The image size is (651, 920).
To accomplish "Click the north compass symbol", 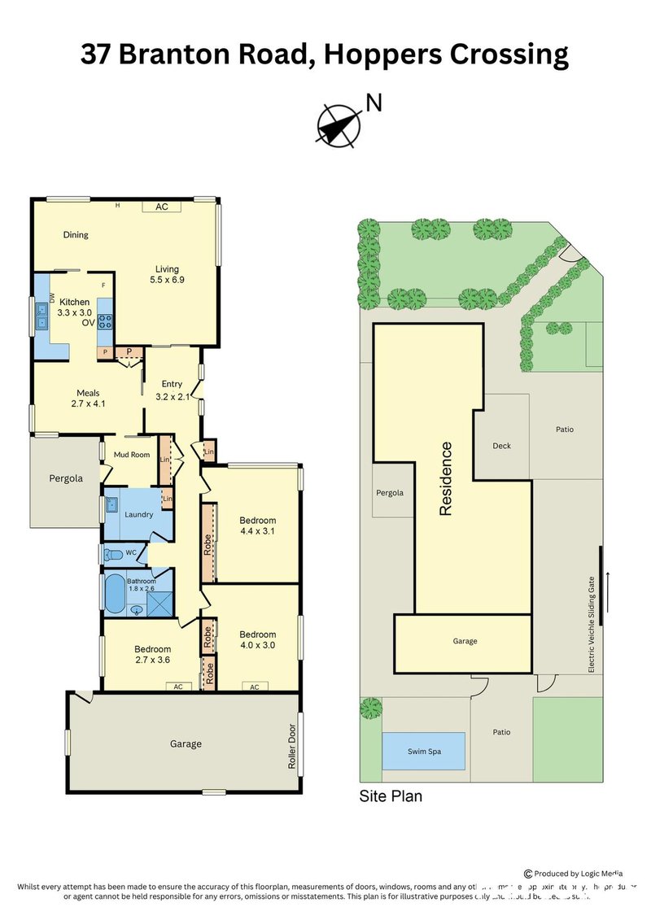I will coord(339,125).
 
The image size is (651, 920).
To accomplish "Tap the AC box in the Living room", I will coord(162,207).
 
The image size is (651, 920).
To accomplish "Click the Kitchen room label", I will coord(74,302).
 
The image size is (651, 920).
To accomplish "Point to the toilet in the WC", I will coord(113,554).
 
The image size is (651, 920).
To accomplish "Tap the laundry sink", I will coord(112,504).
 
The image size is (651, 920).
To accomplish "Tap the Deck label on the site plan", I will coord(501,446).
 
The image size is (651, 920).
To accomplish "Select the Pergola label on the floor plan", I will coord(66,478).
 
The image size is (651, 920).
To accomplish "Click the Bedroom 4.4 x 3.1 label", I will coord(257,526).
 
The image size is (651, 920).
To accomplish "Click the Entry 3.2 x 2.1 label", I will coord(172,390).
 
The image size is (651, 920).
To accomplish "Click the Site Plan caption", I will coord(391,796).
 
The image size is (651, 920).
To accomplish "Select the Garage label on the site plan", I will coord(465,641).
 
